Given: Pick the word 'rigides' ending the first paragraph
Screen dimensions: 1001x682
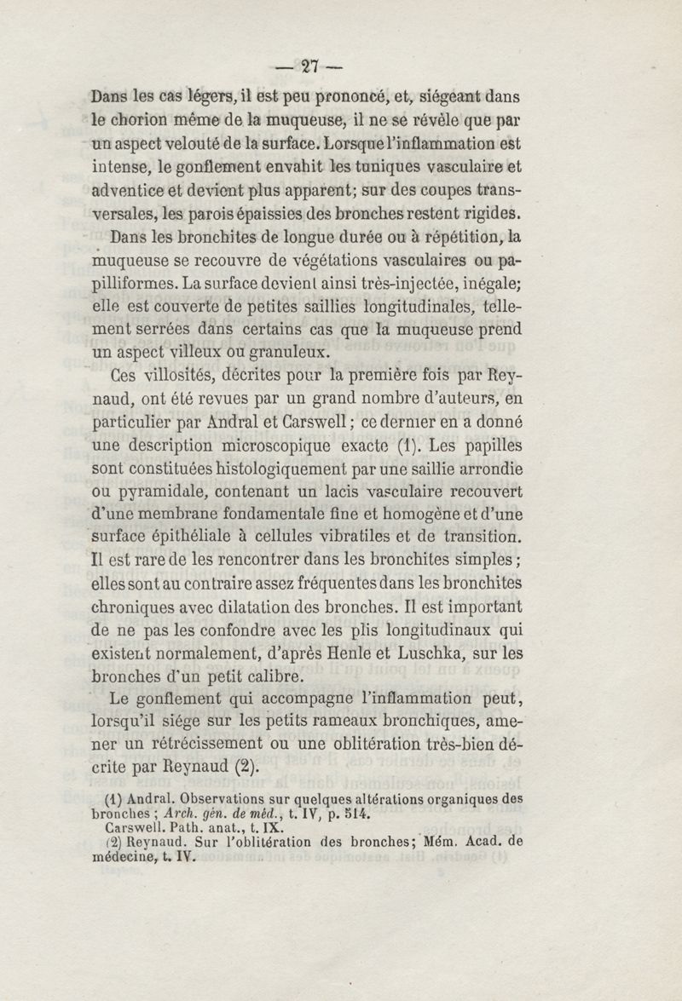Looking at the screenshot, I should point(489,212).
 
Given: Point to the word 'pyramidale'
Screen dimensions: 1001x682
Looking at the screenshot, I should point(180,492).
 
